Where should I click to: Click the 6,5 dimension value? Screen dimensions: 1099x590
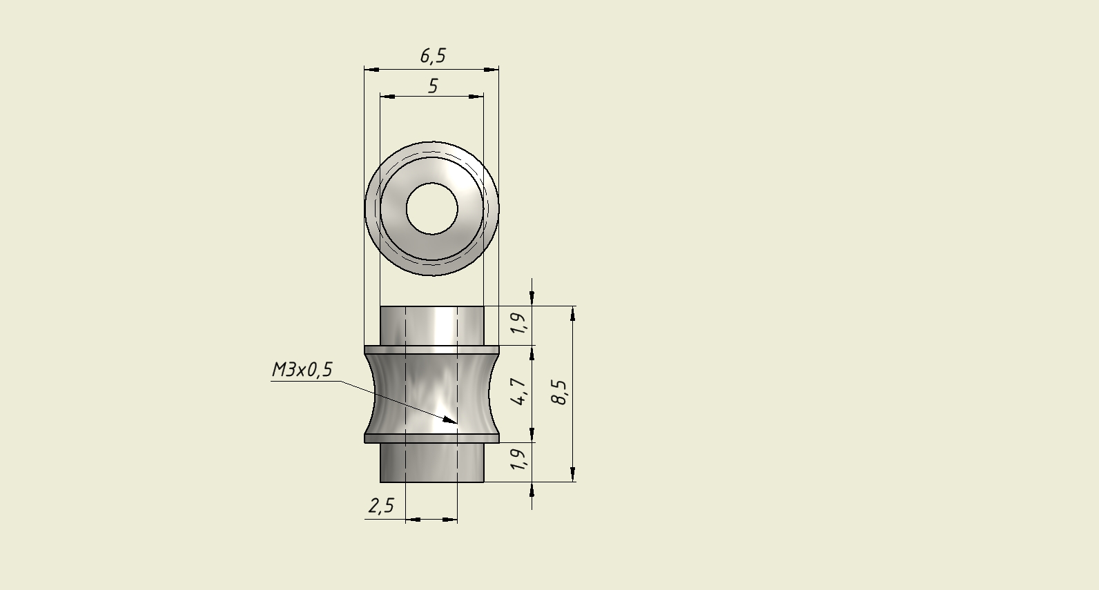pyautogui.click(x=433, y=56)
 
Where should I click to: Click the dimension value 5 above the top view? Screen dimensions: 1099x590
pyautogui.click(x=433, y=86)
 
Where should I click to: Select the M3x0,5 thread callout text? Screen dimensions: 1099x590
pyautogui.click(x=302, y=370)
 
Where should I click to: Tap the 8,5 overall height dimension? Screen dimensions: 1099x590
pyautogui.click(x=560, y=393)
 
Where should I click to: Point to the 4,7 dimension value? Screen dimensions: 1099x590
pyautogui.click(x=518, y=392)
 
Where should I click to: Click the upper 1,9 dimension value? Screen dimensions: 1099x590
pyautogui.click(x=518, y=323)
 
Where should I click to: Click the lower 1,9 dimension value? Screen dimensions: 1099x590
pyautogui.click(x=518, y=459)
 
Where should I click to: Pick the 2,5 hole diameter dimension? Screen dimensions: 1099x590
pyautogui.click(x=381, y=506)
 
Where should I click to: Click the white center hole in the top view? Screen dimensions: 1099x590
pyautogui.click(x=432, y=209)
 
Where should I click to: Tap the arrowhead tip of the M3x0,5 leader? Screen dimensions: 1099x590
pyautogui.click(x=457, y=423)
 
